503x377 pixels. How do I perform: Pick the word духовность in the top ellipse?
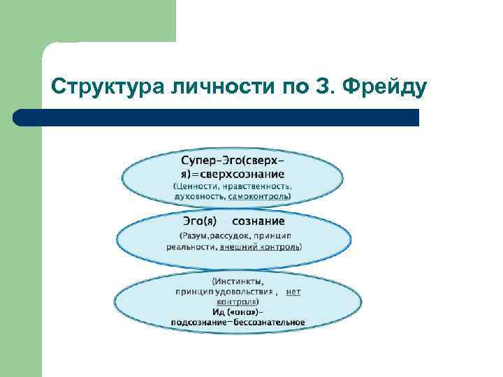(x=198, y=198)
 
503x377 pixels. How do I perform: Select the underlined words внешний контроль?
(x=260, y=246)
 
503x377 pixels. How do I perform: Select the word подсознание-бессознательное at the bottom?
(x=238, y=322)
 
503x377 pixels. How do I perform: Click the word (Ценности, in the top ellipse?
(x=198, y=186)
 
